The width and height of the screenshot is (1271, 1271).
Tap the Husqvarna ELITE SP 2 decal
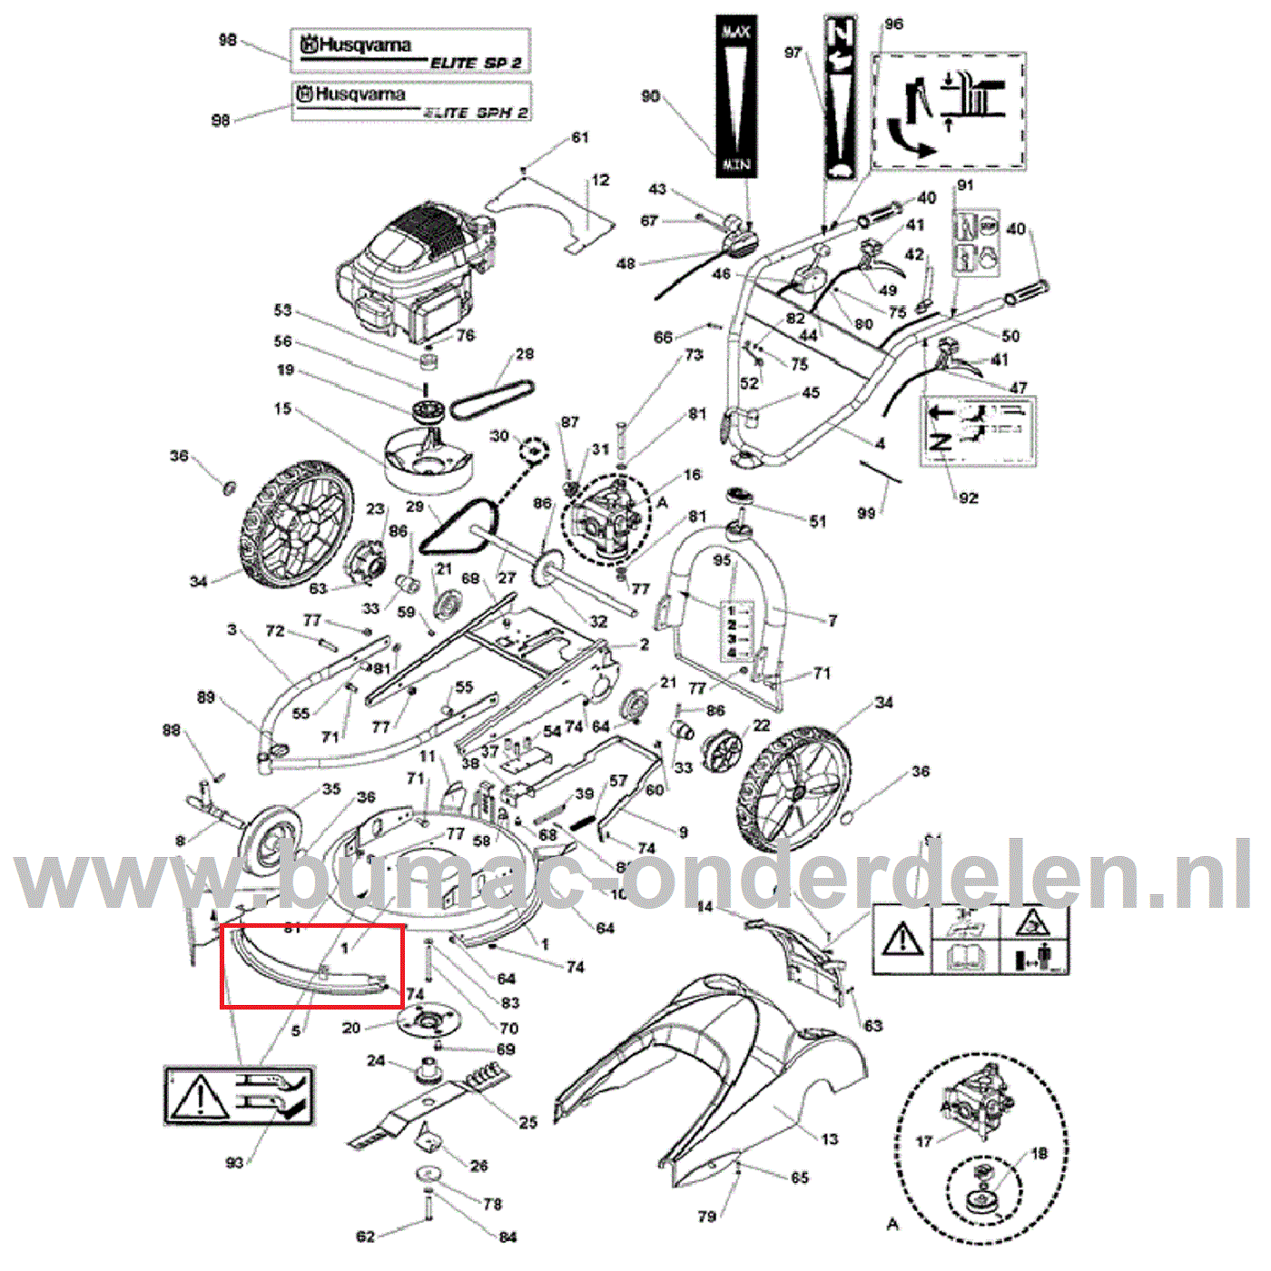pyautogui.click(x=410, y=51)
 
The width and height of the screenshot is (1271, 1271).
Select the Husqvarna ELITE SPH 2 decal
pyautogui.click(x=411, y=101)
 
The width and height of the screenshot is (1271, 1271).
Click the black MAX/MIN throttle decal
pyautogui.click(x=735, y=96)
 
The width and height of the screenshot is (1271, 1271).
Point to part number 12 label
pyautogui.click(x=601, y=180)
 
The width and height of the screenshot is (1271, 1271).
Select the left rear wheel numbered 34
pyautogui.click(x=295, y=527)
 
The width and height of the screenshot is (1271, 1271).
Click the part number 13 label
pyautogui.click(x=830, y=1138)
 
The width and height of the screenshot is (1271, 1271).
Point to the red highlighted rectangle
pyautogui.click(x=312, y=966)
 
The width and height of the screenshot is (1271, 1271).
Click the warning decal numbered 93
pyautogui.click(x=239, y=1096)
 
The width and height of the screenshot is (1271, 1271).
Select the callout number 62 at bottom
pyautogui.click(x=365, y=1236)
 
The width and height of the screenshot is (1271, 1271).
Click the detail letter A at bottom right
pyautogui.click(x=892, y=1224)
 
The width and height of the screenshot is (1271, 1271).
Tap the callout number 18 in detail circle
pyautogui.click(x=1039, y=1153)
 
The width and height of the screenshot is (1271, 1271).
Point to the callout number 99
pyautogui.click(x=866, y=513)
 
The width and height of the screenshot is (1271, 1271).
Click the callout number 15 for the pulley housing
pyautogui.click(x=282, y=409)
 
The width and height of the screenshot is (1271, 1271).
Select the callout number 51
pyautogui.click(x=818, y=521)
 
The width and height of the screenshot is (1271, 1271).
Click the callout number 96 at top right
pyautogui.click(x=893, y=24)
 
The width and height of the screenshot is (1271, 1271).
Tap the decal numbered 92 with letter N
pyautogui.click(x=978, y=431)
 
